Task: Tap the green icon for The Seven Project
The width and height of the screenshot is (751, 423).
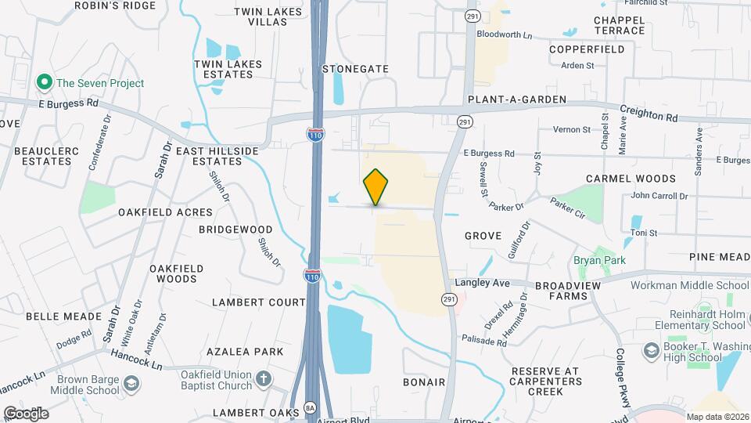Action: (45, 82)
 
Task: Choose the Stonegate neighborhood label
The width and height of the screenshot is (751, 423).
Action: (355, 69)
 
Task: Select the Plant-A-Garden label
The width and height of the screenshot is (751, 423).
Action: (516, 101)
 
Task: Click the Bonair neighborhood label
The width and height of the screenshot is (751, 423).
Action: (423, 382)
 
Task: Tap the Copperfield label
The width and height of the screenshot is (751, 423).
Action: (587, 49)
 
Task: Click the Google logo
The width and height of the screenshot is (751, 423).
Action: (26, 413)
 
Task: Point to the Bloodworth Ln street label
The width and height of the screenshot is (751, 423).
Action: (505, 36)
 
